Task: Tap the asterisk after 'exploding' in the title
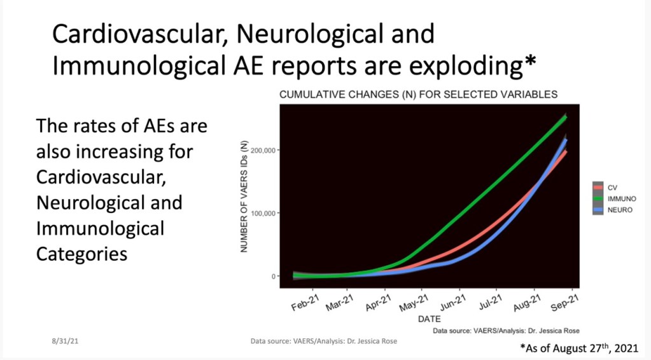[x=529, y=62]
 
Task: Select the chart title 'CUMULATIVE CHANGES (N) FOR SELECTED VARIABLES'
[x=418, y=95]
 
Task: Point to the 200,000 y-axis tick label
[x=263, y=150]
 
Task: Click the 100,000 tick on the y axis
[x=263, y=213]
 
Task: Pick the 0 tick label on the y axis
[x=273, y=276]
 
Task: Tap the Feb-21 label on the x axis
[x=305, y=303]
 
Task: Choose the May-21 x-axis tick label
[x=414, y=303]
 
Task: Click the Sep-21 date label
[x=564, y=303]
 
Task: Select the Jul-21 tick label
[x=491, y=303]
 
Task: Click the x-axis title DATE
[x=430, y=319]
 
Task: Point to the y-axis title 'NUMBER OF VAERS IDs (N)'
[x=244, y=196]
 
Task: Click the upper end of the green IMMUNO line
[x=565, y=117]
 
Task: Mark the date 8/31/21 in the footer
[x=65, y=342]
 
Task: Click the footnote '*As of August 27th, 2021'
[x=578, y=347]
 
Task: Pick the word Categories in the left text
[x=82, y=253]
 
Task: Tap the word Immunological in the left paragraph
[x=100, y=228]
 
